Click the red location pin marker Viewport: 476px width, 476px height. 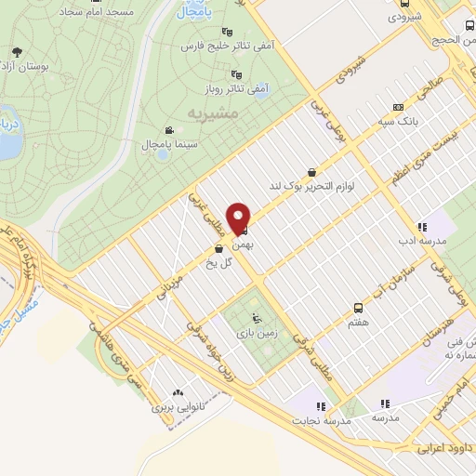pos(242,218)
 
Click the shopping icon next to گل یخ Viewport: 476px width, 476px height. pos(218,249)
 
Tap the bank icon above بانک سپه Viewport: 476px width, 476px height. pos(397,107)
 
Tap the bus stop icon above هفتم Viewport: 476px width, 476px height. pos(357,308)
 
